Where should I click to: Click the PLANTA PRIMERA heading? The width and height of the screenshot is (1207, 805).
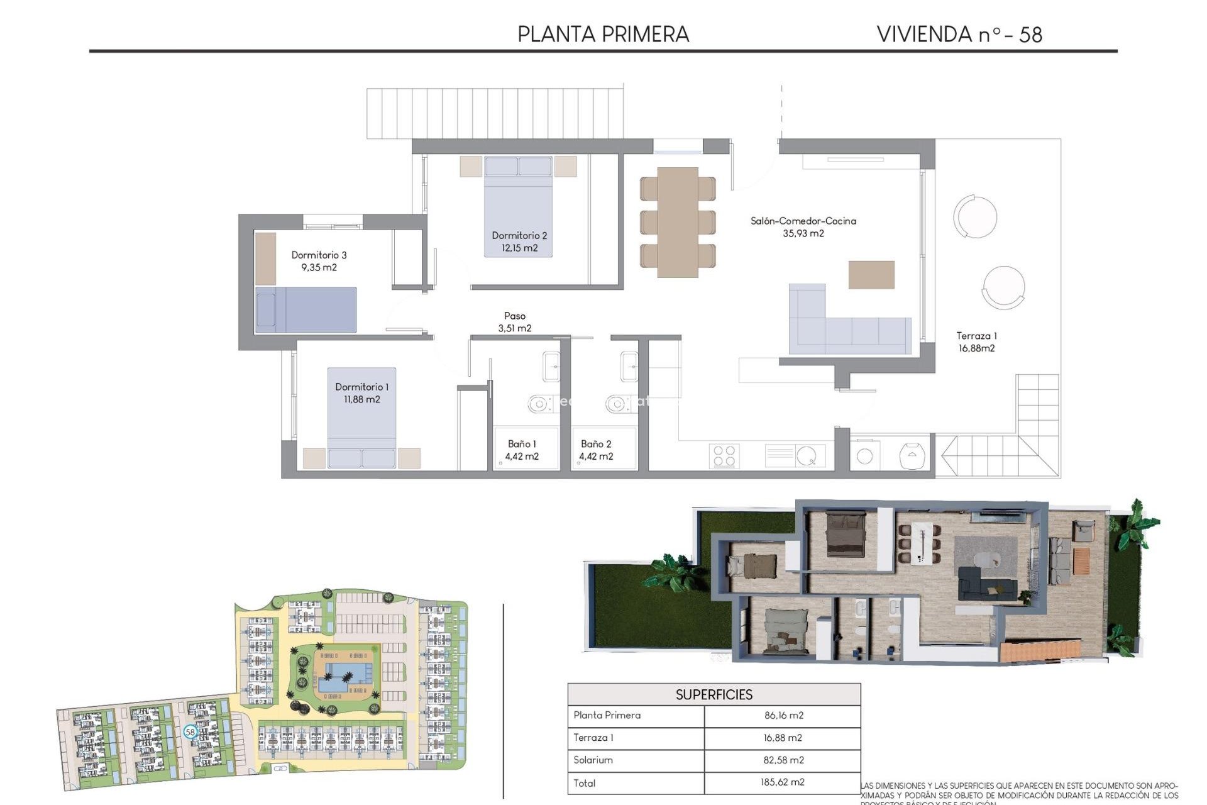603,35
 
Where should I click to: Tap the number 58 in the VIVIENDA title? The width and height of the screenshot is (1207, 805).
1030,35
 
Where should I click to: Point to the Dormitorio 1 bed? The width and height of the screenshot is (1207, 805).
361,418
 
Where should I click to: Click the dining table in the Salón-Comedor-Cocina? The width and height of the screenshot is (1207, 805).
678,222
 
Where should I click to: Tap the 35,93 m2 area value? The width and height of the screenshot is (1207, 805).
803,233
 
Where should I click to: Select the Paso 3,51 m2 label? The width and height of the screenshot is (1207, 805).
514,322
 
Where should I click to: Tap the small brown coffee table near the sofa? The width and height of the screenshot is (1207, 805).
871,275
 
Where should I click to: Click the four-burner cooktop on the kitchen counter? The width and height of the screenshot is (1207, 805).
724,456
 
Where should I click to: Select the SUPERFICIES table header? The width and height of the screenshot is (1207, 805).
714,694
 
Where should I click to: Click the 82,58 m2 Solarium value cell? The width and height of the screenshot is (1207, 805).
783,760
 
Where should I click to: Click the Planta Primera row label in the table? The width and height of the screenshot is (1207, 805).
607,715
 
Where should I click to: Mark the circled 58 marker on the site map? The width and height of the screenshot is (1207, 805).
190,732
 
